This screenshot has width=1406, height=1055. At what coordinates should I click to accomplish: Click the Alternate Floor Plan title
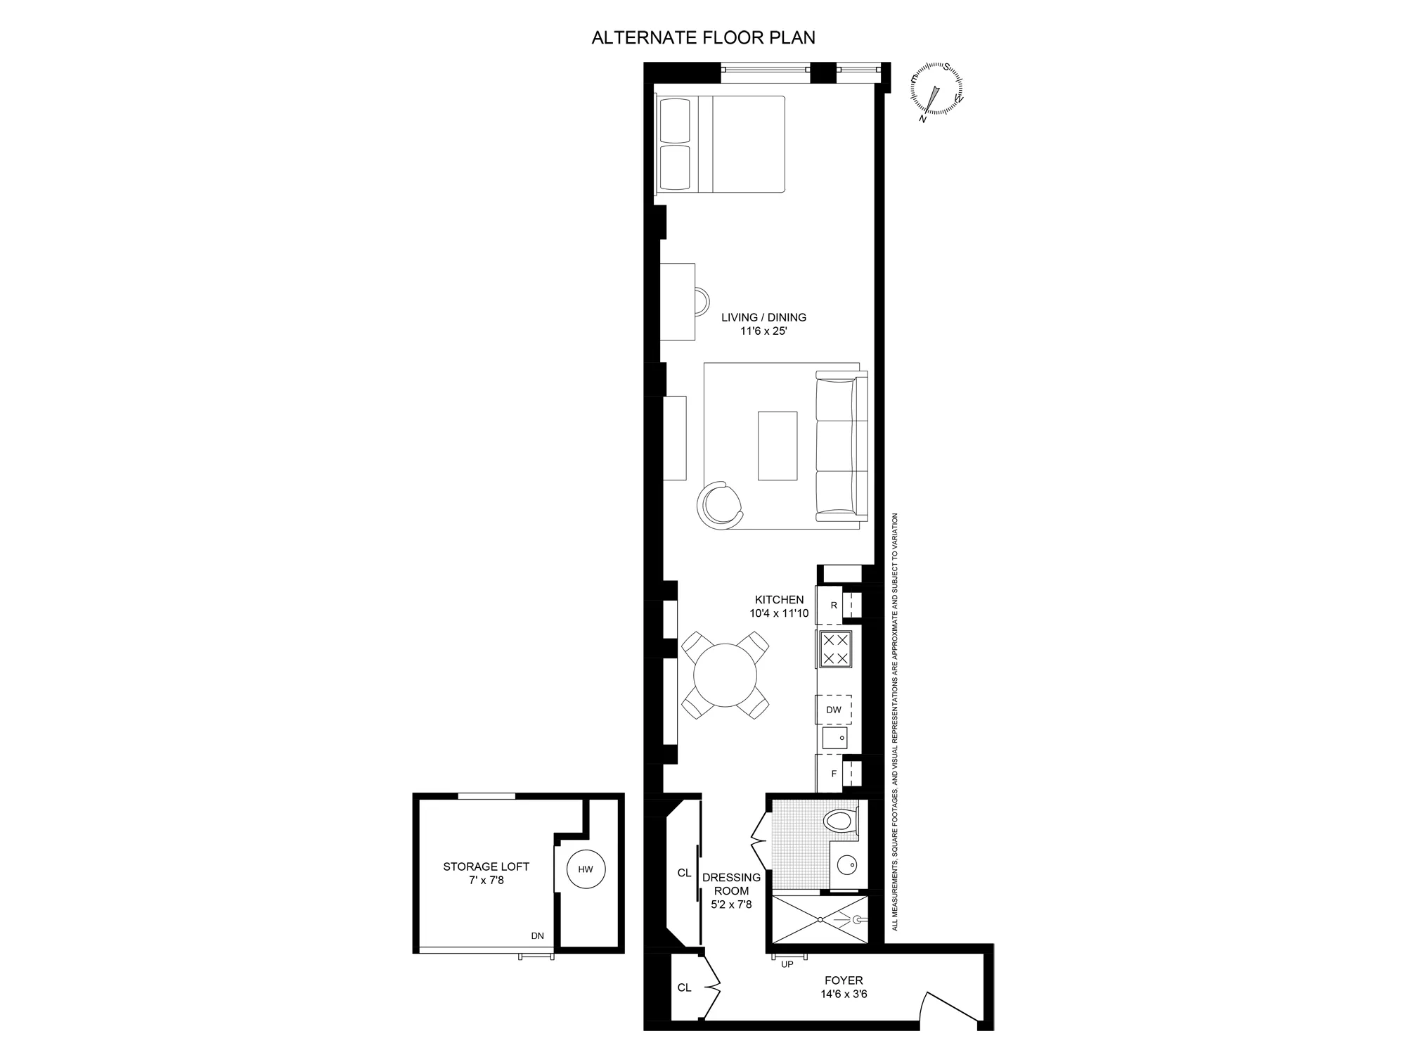[703, 38]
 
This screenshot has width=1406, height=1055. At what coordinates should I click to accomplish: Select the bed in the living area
[720, 144]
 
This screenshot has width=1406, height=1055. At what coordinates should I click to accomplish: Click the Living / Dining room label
[763, 317]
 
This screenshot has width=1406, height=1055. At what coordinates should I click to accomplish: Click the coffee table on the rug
[778, 446]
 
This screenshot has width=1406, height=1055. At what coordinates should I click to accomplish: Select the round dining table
[725, 675]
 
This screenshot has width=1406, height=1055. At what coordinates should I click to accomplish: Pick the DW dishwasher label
[834, 710]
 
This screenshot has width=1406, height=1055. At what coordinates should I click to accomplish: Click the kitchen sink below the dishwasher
[835, 738]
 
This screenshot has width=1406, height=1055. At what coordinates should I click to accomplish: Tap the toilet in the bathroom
[840, 820]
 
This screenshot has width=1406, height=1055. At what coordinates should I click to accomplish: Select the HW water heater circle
[586, 869]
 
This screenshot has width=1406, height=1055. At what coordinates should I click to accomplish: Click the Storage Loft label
[486, 867]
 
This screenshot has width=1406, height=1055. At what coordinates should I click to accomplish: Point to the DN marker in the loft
[537, 935]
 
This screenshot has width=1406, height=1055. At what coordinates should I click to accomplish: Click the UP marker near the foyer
[787, 964]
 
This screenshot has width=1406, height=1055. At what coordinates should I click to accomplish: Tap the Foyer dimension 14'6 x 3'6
[844, 995]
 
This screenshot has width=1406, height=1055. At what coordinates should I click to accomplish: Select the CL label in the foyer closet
[684, 987]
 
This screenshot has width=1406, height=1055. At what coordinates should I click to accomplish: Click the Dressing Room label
[731, 884]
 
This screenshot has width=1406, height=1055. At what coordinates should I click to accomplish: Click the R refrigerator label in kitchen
[834, 605]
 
